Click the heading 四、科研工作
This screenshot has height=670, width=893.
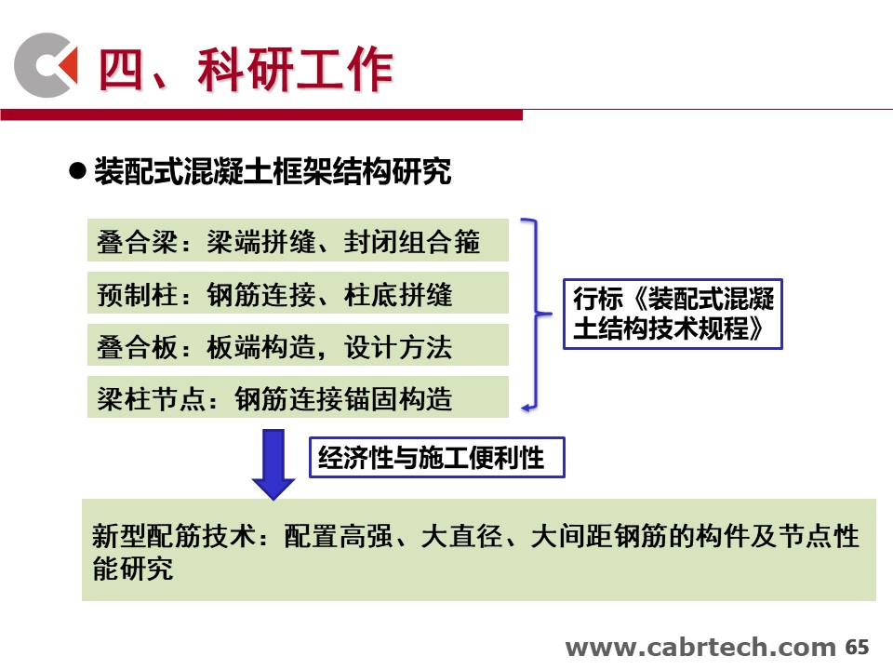[x=246, y=70]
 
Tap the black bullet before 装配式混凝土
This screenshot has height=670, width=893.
[x=77, y=170]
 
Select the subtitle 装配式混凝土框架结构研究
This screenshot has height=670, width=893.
[x=273, y=171]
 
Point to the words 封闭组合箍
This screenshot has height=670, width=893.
[x=412, y=241]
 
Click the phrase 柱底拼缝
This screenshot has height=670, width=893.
[x=398, y=295]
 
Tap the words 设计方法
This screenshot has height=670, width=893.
[x=398, y=346]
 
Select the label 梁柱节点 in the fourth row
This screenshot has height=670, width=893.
[x=151, y=399]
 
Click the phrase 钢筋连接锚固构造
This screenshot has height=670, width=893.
[x=343, y=399]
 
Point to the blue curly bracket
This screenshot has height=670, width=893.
[x=536, y=314]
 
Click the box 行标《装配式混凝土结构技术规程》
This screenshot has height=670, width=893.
[x=673, y=314]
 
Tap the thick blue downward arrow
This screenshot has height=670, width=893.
[x=273, y=464]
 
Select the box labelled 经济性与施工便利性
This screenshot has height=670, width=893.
[x=437, y=457]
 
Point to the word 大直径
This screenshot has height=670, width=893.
[x=462, y=536]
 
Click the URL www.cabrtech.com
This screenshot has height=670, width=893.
[x=700, y=648]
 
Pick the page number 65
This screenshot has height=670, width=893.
[x=857, y=648]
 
